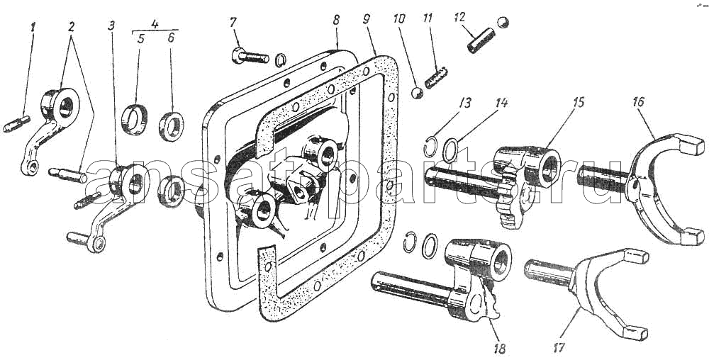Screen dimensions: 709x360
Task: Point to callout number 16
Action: pyautogui.click(x=640, y=103)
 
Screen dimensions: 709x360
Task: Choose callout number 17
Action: pyautogui.click(x=559, y=347)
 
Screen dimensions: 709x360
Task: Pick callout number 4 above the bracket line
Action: pyautogui.click(x=155, y=24)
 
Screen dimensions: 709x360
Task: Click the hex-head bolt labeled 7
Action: pyautogui.click(x=250, y=57)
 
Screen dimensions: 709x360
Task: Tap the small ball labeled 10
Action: pyautogui.click(x=417, y=93)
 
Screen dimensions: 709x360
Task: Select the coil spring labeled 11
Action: pyautogui.click(x=436, y=77)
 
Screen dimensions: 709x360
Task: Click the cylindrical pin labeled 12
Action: pyautogui.click(x=480, y=41)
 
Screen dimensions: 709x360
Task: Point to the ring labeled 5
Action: pyautogui.click(x=135, y=119)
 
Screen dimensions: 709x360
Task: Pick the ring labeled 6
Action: pyautogui.click(x=172, y=126)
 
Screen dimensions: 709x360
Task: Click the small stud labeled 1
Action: pyautogui.click(x=16, y=124)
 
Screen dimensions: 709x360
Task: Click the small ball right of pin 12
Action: pyautogui.click(x=503, y=21)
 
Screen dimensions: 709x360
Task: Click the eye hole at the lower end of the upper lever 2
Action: pyautogui.click(x=30, y=168)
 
